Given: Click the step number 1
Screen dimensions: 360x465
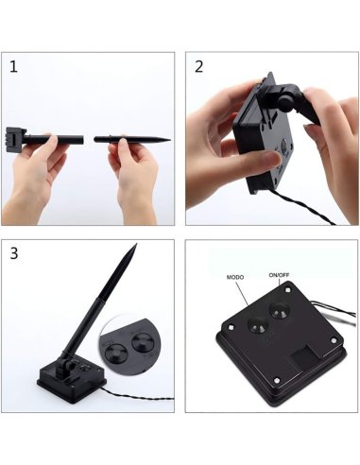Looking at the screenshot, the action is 13,67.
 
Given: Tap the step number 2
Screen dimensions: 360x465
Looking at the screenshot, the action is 198,67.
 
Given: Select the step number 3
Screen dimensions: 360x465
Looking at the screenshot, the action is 14,253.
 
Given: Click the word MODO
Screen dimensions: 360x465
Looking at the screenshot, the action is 235,277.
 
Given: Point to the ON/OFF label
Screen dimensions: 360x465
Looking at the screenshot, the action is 279,275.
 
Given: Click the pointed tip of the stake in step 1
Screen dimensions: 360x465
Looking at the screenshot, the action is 170,140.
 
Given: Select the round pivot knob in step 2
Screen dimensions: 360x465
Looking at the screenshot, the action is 285,102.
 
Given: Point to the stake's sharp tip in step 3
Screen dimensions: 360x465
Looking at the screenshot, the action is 136,244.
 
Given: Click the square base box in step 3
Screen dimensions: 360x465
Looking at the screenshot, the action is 71,381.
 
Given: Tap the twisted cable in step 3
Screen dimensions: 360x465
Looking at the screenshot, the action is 139,396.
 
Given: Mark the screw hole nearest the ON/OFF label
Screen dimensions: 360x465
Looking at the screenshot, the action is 287,288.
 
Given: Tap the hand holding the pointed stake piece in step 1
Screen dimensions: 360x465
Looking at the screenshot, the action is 134,177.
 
